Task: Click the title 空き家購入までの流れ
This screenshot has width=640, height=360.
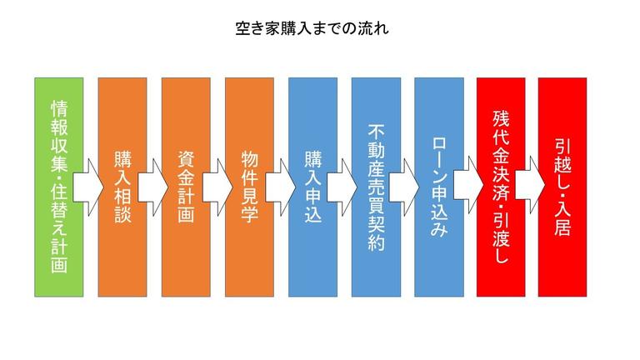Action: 312,28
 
